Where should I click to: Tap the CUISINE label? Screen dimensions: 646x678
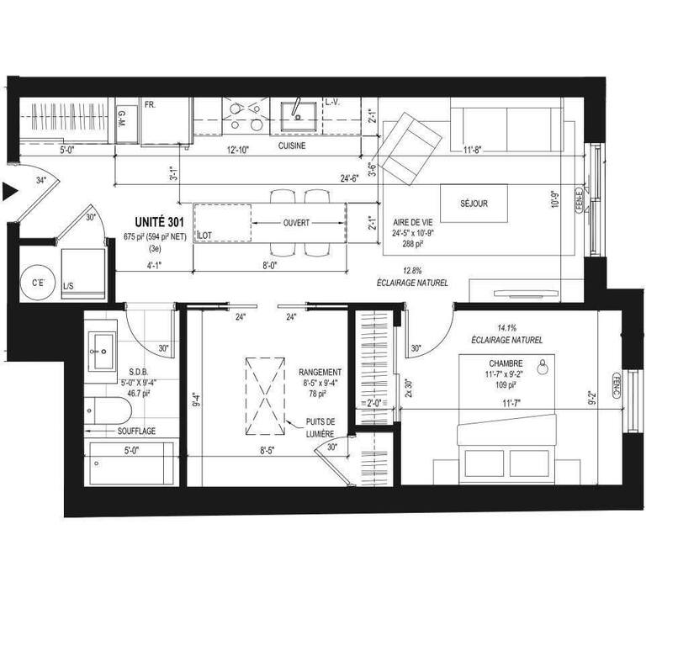292,145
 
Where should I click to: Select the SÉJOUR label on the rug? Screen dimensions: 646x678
474,203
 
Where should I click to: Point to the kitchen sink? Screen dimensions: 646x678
296,111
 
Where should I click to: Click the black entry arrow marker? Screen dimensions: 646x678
10,193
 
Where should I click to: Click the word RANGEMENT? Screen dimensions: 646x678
320,372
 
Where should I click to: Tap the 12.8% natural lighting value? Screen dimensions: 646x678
411,270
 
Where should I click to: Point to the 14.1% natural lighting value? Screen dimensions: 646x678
506,329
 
